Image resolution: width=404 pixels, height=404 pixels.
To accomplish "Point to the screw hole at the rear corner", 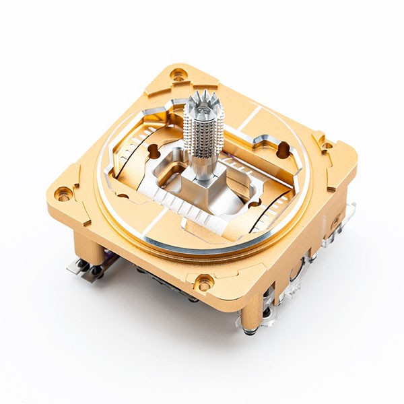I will coord(178,76).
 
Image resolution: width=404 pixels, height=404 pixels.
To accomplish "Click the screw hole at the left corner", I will coord(63,196).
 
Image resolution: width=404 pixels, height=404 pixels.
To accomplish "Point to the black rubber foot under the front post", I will coord(250,331).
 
